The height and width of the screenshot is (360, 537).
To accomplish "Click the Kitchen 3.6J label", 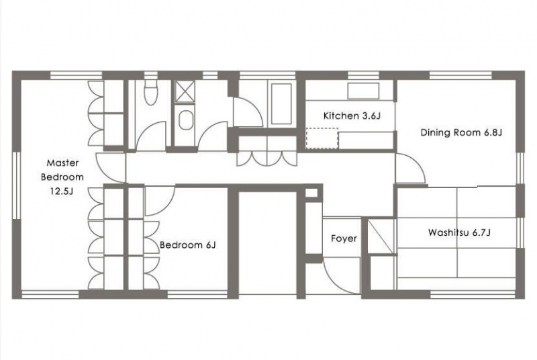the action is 352,116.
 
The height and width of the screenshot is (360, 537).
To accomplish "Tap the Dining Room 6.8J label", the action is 461,132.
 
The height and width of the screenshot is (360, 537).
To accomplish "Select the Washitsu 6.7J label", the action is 459,232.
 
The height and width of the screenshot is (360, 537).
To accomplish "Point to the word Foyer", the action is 344,238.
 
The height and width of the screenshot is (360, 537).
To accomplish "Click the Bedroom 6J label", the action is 188,245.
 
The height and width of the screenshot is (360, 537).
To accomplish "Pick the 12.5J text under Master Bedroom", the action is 62,191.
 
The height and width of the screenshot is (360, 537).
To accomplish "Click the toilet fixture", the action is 150,93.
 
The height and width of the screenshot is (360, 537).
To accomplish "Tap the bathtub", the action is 281,104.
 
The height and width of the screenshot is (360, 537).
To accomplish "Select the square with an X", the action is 185,91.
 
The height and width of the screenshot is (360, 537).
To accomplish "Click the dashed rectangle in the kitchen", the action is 322,139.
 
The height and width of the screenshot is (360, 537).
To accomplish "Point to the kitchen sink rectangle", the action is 363,91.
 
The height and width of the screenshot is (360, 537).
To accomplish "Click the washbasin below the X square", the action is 186,120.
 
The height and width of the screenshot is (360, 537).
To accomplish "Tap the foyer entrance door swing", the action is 342,276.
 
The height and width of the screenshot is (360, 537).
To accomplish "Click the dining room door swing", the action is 410,168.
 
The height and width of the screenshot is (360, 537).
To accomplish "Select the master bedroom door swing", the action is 111,167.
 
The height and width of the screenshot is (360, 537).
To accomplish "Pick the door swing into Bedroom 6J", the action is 160,200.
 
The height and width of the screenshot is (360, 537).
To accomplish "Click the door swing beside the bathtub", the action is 248,112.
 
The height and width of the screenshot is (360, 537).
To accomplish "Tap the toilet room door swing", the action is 151,136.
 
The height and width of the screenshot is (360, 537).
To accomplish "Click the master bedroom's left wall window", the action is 16,185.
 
